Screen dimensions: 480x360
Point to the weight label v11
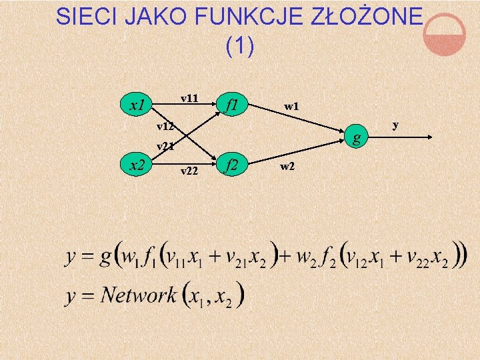tap(190, 98)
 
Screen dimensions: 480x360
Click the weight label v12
tap(165, 126)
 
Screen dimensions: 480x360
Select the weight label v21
tap(165, 147)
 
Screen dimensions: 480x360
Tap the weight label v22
tap(190, 171)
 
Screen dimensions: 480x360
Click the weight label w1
tap(291, 105)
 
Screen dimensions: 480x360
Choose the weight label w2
tap(287, 166)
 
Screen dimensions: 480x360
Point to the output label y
tap(395, 125)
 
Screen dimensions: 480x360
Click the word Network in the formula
tap(140, 294)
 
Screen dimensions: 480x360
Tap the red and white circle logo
tap(445, 35)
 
